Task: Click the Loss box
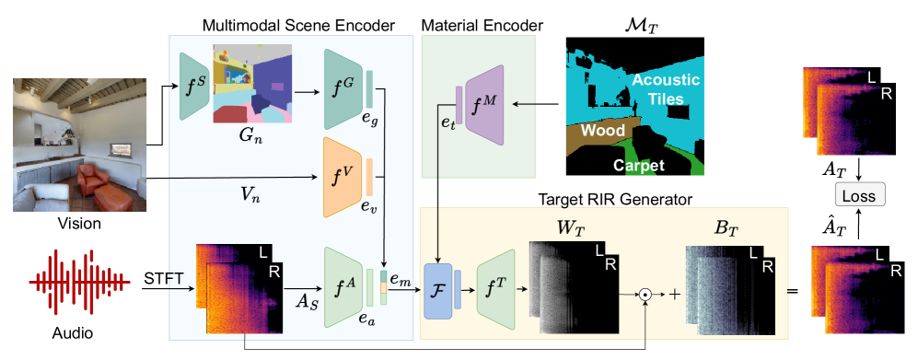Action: pyautogui.click(x=859, y=194)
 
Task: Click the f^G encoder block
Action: pyautogui.click(x=342, y=88)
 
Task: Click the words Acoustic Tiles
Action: pyautogui.click(x=665, y=88)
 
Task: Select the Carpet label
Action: pyautogui.click(x=641, y=166)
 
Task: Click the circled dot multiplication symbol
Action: pyautogui.click(x=646, y=295)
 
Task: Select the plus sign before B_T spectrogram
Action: pyautogui.click(x=674, y=295)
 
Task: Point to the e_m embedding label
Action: pyautogui.click(x=401, y=277)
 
